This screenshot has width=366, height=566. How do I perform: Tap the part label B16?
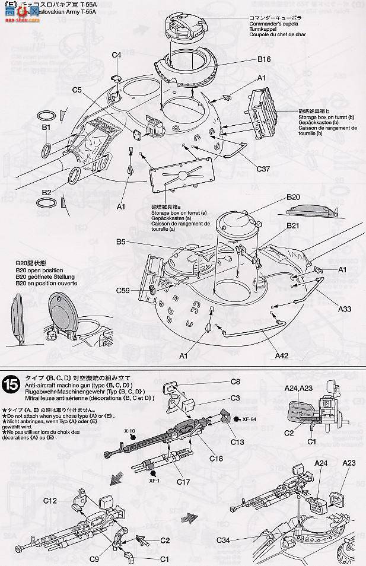[264, 59]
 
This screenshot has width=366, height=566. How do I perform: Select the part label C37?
[264, 169]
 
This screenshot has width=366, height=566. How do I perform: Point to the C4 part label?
[116, 55]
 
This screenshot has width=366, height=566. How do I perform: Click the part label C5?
[77, 90]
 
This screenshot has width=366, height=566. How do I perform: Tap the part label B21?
[294, 226]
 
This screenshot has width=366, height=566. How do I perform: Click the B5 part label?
[121, 242]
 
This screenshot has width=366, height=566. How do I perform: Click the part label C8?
[235, 381]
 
